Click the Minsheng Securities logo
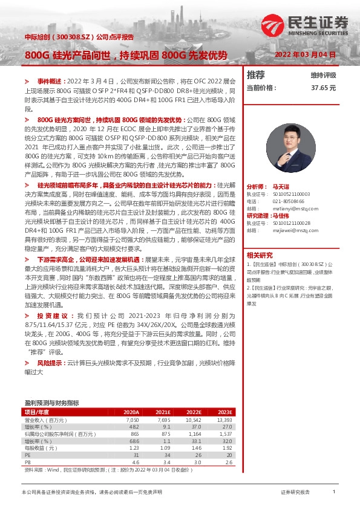pyautogui.click(x=305, y=25)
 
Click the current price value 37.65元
pyautogui.click(x=323, y=88)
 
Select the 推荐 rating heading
pyautogui.click(x=256, y=75)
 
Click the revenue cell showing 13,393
pyautogui.click(x=224, y=419)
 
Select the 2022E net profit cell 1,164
pyautogui.click(x=194, y=433)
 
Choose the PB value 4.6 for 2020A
pyautogui.click(x=135, y=462)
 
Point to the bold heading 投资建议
pyautogui.click(x=50, y=316)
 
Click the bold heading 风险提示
pyautogui.click(x=50, y=363)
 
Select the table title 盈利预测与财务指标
pyautogui.click(x=51, y=402)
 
